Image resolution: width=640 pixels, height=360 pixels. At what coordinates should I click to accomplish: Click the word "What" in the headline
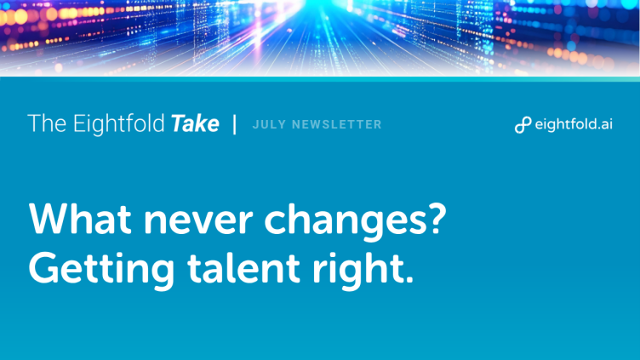coord(80,219)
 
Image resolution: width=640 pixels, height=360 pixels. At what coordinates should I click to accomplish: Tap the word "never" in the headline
coord(198,222)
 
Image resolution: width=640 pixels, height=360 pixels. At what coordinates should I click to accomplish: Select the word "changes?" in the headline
coord(356,221)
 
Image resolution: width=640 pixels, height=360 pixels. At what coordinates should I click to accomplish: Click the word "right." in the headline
coord(363,270)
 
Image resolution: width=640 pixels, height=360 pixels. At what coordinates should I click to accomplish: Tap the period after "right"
coord(410,279)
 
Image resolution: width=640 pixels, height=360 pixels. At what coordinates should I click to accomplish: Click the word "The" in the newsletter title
coord(47,123)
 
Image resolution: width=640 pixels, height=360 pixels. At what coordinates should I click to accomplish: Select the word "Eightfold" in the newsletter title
coord(119,124)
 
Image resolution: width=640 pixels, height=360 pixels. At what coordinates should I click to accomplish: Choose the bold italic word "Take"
coord(195,123)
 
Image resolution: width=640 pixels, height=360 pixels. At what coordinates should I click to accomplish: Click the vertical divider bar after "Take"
coord(235,124)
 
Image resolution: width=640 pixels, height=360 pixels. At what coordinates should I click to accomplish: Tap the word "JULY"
coord(269,124)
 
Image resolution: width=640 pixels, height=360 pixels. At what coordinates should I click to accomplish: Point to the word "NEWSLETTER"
coord(337,124)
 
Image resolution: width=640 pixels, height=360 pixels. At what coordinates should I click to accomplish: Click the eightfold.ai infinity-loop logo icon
coord(523,124)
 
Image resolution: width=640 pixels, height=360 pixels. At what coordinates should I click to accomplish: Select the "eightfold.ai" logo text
coord(574,123)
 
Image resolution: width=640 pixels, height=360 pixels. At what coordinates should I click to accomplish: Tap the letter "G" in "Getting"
coord(43,267)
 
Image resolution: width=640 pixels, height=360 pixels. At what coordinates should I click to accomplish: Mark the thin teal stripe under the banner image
coord(320,79)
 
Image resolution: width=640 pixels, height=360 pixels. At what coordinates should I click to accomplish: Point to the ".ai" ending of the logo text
coord(603,124)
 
